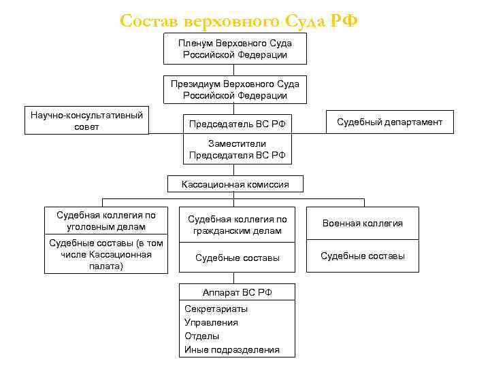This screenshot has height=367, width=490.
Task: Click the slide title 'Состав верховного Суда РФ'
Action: (x=238, y=21)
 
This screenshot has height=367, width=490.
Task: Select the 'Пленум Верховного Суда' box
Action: (x=235, y=49)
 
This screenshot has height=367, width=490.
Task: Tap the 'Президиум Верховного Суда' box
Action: (x=235, y=89)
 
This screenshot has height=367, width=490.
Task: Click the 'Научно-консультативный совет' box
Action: (x=87, y=121)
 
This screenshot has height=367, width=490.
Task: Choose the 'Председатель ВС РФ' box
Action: (x=237, y=124)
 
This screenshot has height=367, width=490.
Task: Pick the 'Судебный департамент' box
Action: (x=389, y=122)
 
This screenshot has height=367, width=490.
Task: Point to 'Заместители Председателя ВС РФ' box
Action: (x=237, y=150)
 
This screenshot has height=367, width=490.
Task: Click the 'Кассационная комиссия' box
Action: (x=235, y=184)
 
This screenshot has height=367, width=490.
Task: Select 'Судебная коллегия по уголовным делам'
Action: (x=106, y=221)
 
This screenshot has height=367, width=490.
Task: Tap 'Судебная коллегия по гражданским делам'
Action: (x=237, y=225)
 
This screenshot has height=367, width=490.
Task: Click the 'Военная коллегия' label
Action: (x=362, y=223)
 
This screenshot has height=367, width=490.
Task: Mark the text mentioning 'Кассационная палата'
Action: (x=106, y=255)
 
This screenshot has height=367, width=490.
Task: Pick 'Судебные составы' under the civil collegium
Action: (x=237, y=258)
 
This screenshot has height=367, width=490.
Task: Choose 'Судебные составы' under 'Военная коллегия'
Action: (x=362, y=256)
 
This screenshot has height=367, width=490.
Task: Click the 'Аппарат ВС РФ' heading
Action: (x=237, y=292)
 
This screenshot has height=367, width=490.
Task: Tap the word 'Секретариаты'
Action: (x=216, y=309)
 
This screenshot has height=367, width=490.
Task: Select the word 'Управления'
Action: (x=211, y=322)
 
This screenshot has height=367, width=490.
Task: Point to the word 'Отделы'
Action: (x=202, y=336)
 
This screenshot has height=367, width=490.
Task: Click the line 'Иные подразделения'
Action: (x=231, y=349)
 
